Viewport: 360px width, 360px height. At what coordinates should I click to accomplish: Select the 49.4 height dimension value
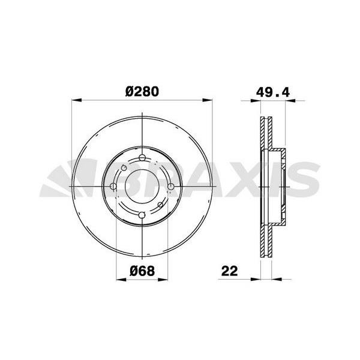(x=269, y=92)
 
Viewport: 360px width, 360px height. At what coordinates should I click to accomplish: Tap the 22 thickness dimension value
(x=229, y=271)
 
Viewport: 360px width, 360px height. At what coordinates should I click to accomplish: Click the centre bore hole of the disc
(x=142, y=187)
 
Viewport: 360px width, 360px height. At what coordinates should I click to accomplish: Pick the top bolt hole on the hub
(x=142, y=158)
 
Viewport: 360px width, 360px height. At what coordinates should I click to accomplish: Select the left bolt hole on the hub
(x=114, y=187)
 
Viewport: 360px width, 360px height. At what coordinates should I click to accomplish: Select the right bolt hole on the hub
(x=170, y=187)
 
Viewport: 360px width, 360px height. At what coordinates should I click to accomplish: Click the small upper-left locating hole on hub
(x=122, y=167)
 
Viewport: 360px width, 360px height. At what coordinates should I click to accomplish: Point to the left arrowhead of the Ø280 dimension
(x=75, y=100)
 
